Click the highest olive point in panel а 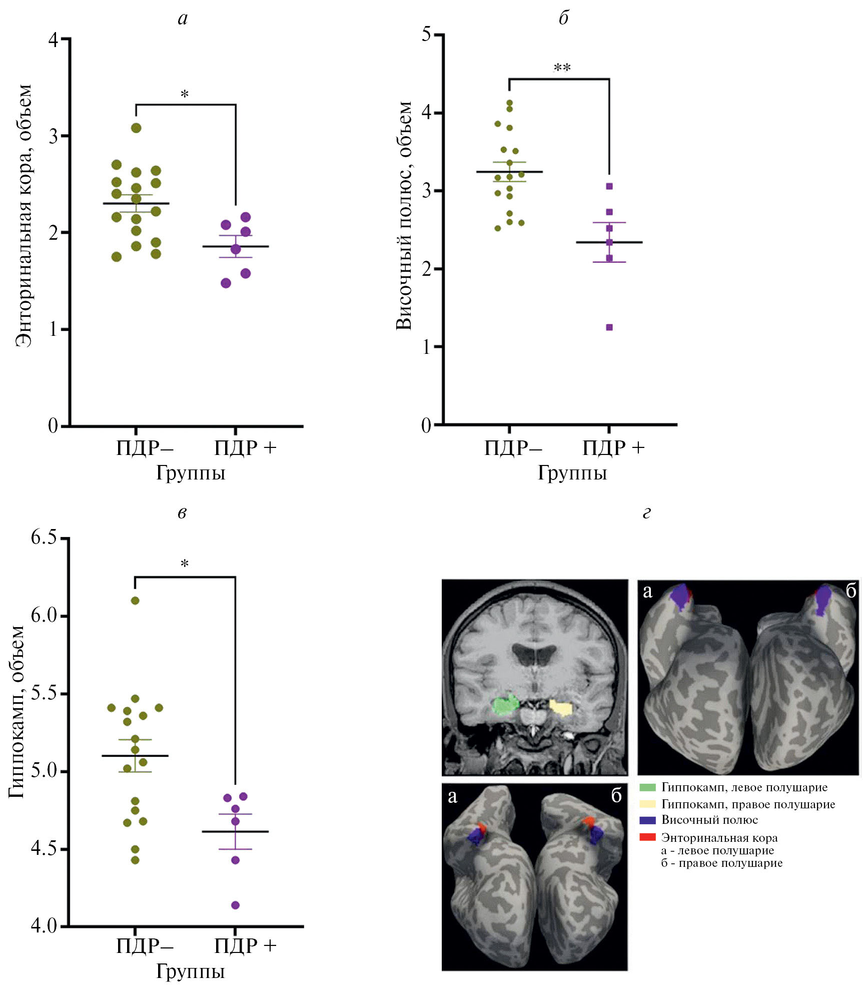[136, 128]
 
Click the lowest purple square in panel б [609, 327]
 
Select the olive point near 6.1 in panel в [135, 601]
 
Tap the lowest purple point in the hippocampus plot [235, 905]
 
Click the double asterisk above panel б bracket [562, 68]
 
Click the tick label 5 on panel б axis [426, 35]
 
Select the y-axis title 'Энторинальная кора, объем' [24, 215]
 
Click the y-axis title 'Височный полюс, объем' [404, 215]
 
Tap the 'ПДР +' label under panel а [245, 447]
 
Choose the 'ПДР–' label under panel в [145, 946]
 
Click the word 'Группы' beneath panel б [572, 472]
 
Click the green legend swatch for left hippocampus [648, 787]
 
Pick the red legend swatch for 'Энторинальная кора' [648, 837]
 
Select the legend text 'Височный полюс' [709, 820]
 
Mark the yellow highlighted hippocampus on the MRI [561, 708]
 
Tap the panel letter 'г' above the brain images [646, 514]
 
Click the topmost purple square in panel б [609, 186]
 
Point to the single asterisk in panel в [185, 564]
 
